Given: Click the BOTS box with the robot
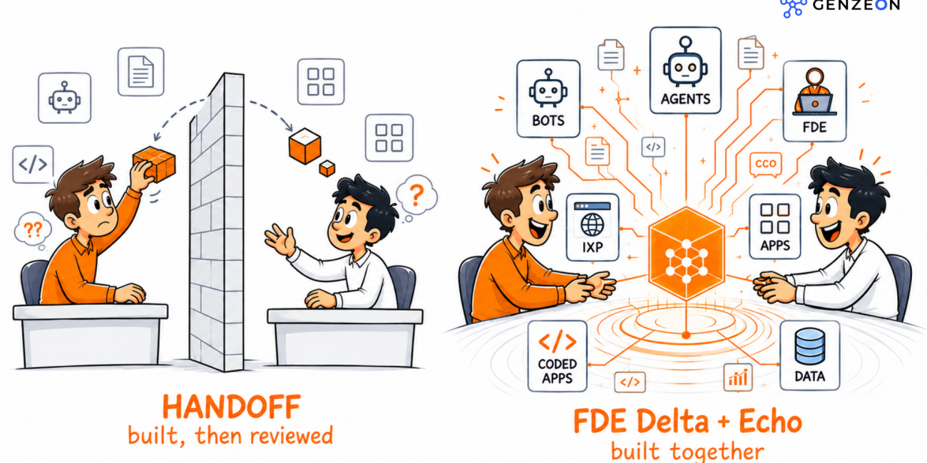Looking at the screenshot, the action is (x=548, y=99).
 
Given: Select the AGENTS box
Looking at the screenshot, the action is (x=685, y=71).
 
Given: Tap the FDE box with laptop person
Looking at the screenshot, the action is (x=814, y=101).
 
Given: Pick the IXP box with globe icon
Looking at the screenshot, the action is (x=592, y=227).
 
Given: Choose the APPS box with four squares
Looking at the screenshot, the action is (x=774, y=227).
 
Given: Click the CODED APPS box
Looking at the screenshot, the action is (x=557, y=356).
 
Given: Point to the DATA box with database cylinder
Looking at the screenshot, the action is (x=809, y=355).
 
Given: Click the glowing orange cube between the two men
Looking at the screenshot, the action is (x=686, y=254).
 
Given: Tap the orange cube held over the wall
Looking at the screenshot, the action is (x=154, y=164).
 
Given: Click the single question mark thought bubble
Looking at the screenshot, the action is (x=416, y=195).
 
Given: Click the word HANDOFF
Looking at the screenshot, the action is (x=231, y=407).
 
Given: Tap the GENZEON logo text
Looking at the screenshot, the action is (x=856, y=5).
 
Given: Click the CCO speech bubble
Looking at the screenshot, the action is (x=766, y=164).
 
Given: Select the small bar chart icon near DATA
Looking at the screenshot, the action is (x=738, y=377).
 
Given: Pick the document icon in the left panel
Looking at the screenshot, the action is (x=140, y=71).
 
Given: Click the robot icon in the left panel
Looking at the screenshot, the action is (x=65, y=98).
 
